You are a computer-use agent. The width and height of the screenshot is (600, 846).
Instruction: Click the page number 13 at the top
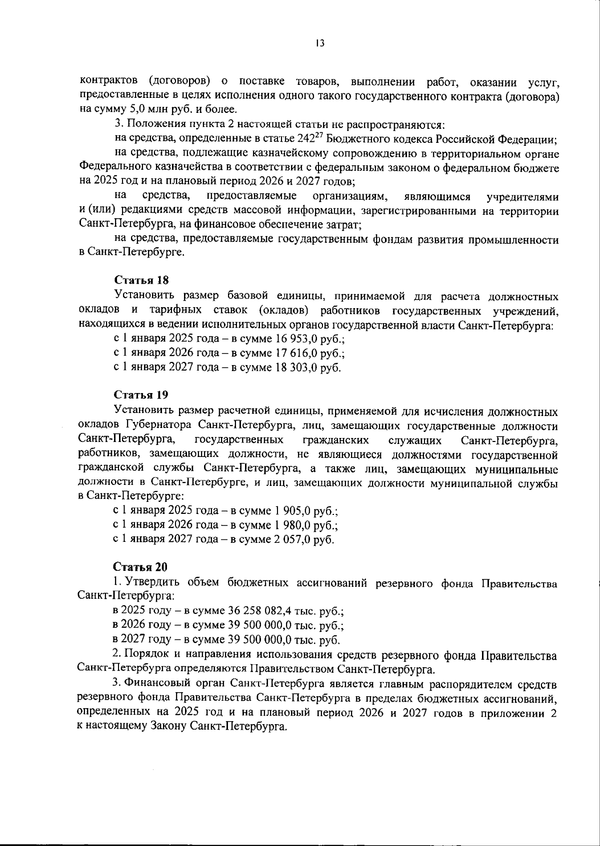coord(320,43)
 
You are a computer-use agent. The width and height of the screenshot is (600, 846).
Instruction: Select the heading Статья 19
coord(141,395)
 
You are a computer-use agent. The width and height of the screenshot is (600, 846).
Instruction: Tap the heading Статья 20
coord(141,567)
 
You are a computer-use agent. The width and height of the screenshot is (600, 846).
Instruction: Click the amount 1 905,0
coord(292,511)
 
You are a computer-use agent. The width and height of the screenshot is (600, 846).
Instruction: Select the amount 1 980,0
coord(292,525)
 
